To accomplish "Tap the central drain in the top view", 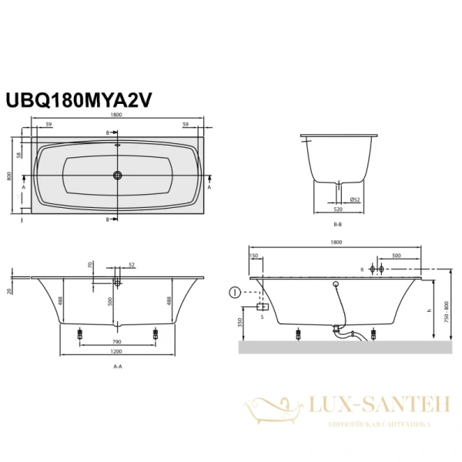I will point(118,175).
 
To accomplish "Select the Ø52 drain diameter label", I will point(357,199).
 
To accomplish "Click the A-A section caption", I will point(118,367).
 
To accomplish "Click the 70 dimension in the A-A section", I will point(90,264).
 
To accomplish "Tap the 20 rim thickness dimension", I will point(9,290).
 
